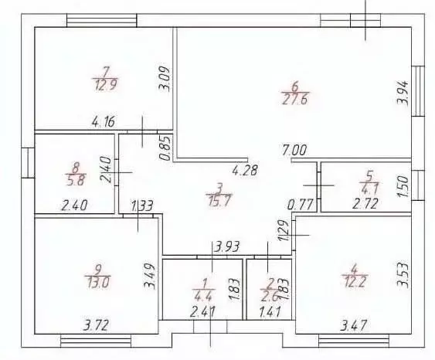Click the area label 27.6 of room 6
[x=295, y=100]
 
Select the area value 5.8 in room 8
[x=76, y=180]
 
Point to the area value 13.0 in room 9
[x=98, y=282]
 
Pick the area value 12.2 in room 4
[x=355, y=281]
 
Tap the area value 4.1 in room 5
[x=370, y=190]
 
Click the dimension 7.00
[x=294, y=150]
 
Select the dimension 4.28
[x=245, y=170]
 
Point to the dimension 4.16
[x=104, y=122]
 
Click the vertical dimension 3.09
[x=165, y=78]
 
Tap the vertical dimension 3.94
[x=403, y=93]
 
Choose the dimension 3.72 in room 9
[x=96, y=325]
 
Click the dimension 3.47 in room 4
[x=353, y=325]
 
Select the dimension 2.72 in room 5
[x=365, y=204]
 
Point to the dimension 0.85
[x=165, y=148]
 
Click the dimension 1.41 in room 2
[x=270, y=311]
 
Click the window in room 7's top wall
[x=102, y=20]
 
